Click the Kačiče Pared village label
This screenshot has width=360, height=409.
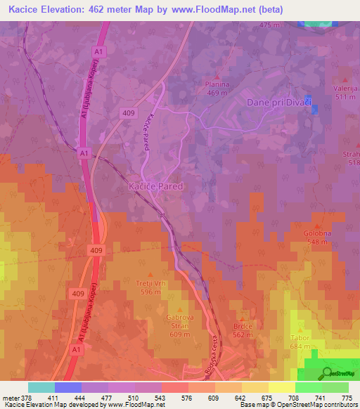(156, 186)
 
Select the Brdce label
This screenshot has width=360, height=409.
(243, 327)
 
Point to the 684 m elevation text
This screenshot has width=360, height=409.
(300, 346)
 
